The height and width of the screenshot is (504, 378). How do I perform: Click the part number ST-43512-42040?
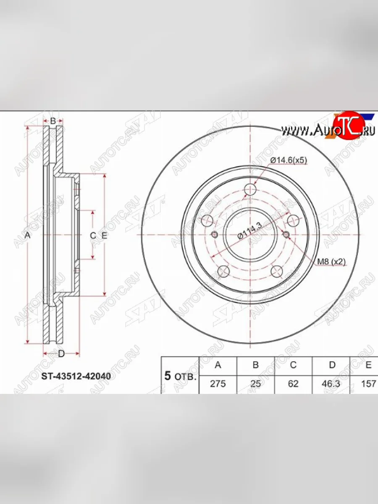[x=76, y=376]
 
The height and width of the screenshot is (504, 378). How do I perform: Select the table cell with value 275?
[x=218, y=384]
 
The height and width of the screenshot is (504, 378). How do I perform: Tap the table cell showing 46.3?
[x=332, y=384]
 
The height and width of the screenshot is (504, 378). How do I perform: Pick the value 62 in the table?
[x=294, y=384]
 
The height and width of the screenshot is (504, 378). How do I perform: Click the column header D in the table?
[x=332, y=365]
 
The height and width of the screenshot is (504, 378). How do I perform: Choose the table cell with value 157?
[x=368, y=384]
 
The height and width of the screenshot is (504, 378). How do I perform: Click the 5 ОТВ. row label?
[x=180, y=376]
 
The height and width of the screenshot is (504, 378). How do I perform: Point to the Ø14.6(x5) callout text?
[x=289, y=160]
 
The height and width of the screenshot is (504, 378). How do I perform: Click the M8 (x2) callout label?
[x=331, y=262]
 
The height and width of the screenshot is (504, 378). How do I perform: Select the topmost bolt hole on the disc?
[x=250, y=189]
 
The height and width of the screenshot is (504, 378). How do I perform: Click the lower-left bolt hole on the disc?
[x=223, y=271]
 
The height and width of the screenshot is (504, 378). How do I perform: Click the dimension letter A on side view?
[x=28, y=236]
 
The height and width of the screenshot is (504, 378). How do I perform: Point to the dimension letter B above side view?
[x=53, y=121]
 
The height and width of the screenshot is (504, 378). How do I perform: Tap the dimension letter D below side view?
[x=61, y=354]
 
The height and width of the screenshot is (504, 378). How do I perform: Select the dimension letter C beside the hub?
[x=93, y=236]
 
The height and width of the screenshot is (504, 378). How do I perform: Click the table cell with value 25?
[x=255, y=384]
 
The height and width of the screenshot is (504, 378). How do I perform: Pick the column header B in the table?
[x=255, y=365]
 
